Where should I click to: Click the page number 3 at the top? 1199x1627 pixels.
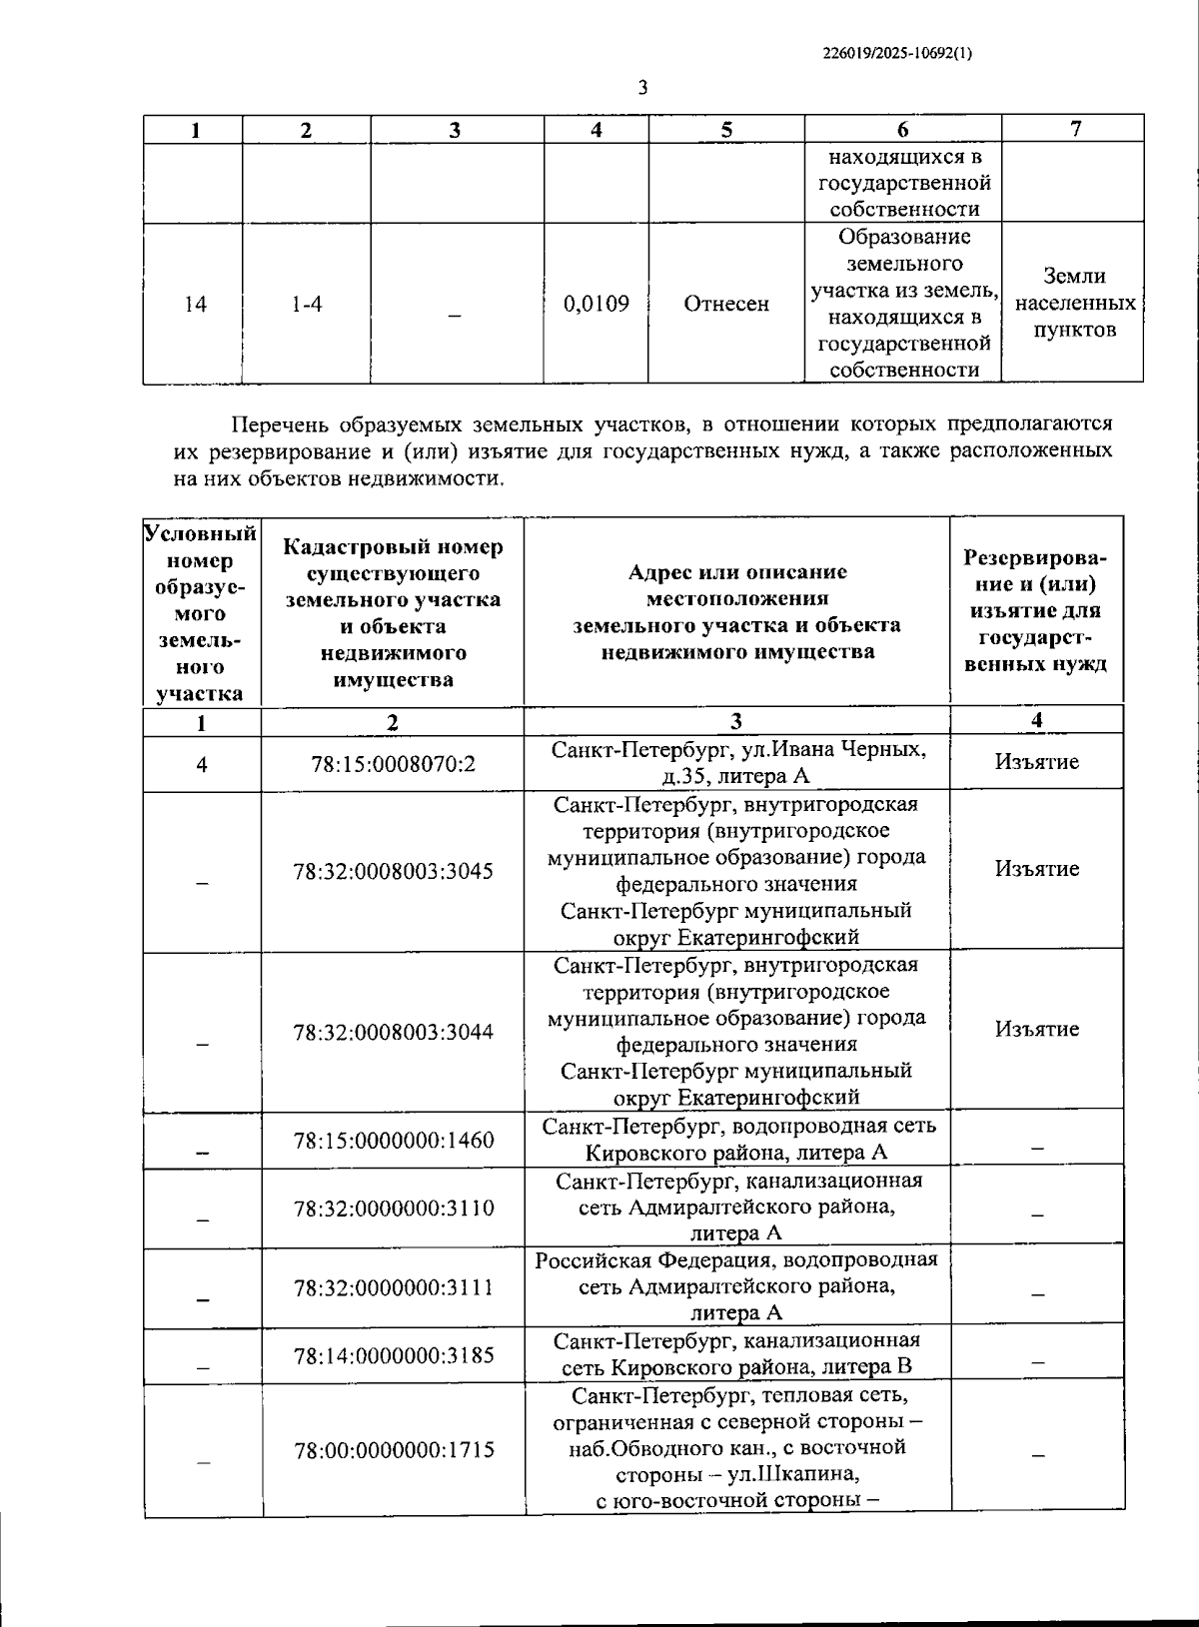642,88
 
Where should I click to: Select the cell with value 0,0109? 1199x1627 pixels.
597,304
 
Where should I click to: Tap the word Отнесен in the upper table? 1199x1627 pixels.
726,304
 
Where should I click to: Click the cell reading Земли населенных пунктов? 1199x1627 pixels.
1074,303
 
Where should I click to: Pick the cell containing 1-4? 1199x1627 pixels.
307,304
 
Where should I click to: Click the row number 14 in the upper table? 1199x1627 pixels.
196,304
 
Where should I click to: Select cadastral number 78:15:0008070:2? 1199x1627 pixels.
393,764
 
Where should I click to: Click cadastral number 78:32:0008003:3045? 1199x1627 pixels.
393,871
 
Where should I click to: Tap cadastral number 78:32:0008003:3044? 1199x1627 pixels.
393,1033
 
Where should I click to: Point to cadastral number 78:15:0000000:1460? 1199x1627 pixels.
393,1140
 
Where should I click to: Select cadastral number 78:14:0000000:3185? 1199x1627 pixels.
393,1356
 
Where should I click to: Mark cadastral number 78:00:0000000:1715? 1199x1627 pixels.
393,1449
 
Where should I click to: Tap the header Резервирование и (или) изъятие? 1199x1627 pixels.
1036,609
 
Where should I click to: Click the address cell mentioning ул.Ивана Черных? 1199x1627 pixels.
737,763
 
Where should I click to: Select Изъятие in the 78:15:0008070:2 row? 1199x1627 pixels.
1036,762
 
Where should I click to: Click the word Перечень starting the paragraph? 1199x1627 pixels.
279,423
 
